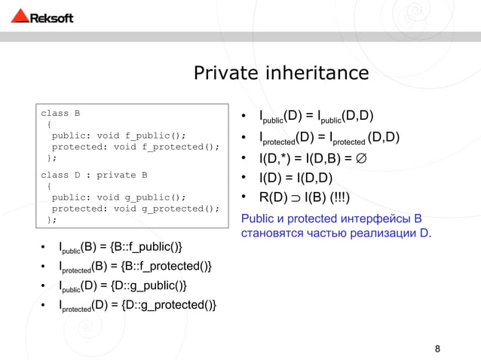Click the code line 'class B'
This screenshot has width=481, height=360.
pyautogui.click(x=60, y=114)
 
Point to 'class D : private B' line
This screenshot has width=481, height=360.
pyautogui.click(x=93, y=175)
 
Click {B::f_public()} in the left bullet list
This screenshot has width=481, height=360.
pyautogui.click(x=145, y=246)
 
